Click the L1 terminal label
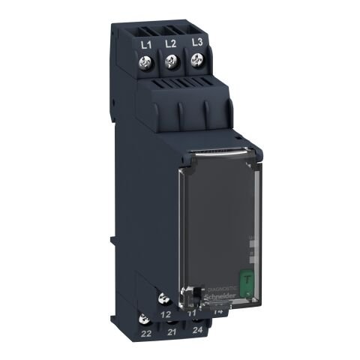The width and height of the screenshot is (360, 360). click(148, 46)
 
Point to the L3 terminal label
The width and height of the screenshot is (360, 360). click(197, 42)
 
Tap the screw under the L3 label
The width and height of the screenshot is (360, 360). click(199, 62)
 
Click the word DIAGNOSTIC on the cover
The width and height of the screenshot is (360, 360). click(222, 287)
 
